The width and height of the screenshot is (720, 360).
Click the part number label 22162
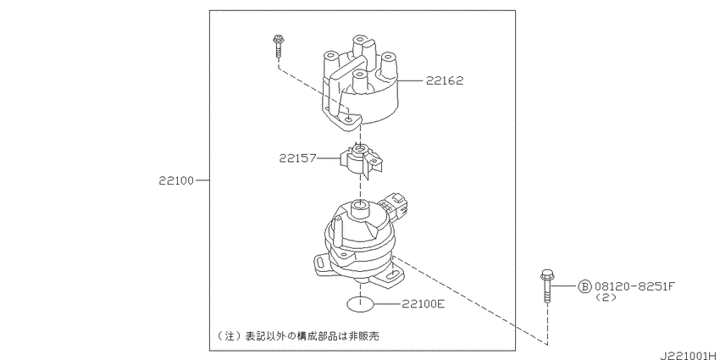pyautogui.click(x=445, y=80)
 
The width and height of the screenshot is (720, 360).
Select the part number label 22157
pyautogui.click(x=297, y=158)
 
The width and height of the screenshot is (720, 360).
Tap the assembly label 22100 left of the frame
pyautogui.click(x=176, y=180)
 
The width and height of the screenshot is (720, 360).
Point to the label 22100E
pyautogui.click(x=423, y=303)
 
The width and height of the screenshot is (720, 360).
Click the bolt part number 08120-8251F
pyautogui.click(x=634, y=286)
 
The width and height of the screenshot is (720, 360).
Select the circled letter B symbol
pyautogui.click(x=584, y=286)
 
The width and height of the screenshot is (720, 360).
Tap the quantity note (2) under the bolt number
pyautogui.click(x=606, y=297)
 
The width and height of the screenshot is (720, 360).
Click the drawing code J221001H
pyautogui.click(x=689, y=356)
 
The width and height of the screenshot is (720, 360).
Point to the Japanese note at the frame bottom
pyautogui.click(x=298, y=336)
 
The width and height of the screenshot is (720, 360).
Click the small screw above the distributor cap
pyautogui.click(x=277, y=46)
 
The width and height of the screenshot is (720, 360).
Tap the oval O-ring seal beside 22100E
pyautogui.click(x=361, y=303)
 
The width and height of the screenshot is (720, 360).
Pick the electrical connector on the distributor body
pyautogui.click(x=397, y=203)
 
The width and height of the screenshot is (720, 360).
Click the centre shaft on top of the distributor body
pyautogui.click(x=359, y=210)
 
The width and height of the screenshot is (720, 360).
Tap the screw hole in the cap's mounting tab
pyautogui.click(x=350, y=119)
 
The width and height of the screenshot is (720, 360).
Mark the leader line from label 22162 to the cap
pyautogui.click(x=410, y=80)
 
